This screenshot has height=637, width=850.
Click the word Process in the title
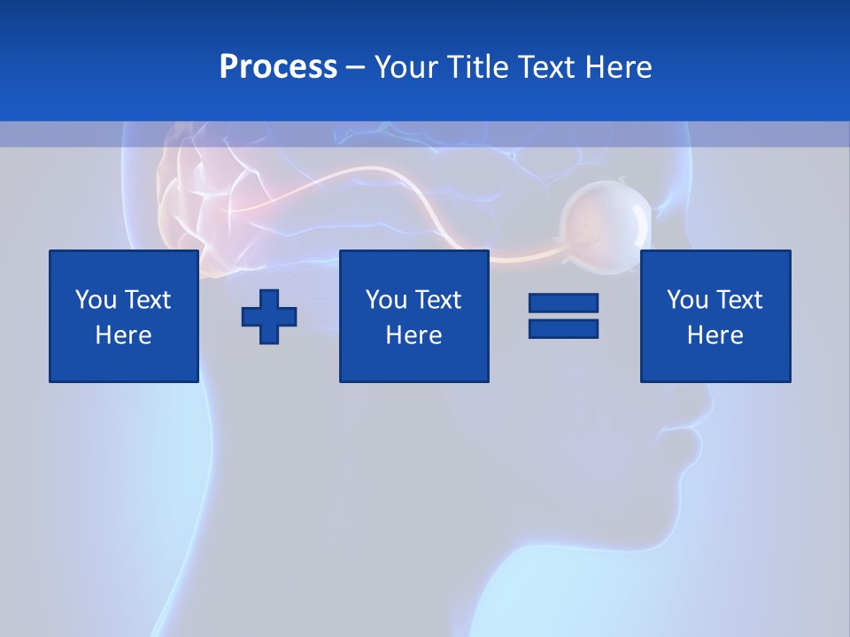click(x=278, y=67)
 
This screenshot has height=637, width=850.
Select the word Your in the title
click(x=405, y=67)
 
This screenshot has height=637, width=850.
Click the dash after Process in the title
click(x=355, y=69)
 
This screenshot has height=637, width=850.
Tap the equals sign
click(x=563, y=316)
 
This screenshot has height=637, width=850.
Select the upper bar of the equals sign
click(x=563, y=303)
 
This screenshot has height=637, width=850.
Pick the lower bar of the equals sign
click(x=563, y=328)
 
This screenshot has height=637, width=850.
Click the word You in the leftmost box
click(x=96, y=300)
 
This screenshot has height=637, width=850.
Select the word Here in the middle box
click(x=413, y=335)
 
